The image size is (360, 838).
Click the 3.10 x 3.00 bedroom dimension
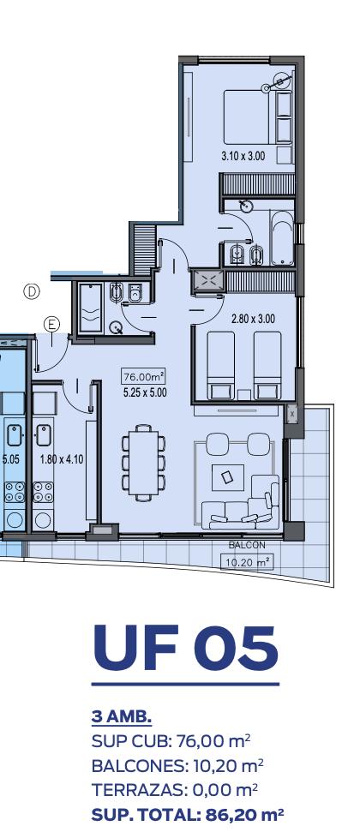(243, 157)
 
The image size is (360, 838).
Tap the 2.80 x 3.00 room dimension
(253, 319)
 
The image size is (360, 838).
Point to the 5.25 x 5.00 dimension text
(144, 392)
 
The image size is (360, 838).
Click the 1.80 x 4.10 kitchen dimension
(62, 459)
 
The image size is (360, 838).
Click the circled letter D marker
(32, 292)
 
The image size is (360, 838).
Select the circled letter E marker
(52, 324)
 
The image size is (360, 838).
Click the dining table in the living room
(143, 463)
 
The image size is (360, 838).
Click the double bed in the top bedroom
(258, 117)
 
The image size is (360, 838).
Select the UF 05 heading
(186, 648)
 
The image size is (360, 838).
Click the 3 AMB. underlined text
(122, 717)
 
